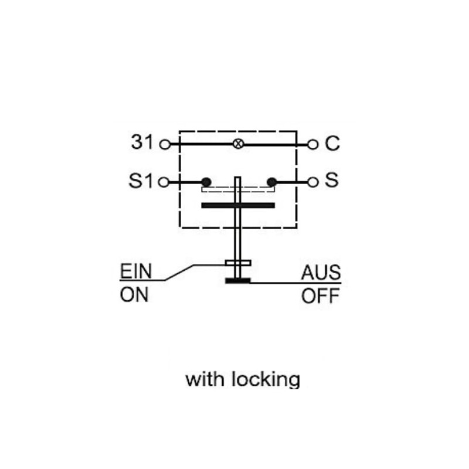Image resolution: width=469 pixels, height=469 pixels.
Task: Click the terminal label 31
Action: (x=142, y=142)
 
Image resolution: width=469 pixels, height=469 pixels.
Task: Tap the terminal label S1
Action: (x=140, y=181)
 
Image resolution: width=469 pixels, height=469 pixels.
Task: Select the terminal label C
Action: (x=332, y=143)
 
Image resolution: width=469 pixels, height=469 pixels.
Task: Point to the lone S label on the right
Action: (x=332, y=180)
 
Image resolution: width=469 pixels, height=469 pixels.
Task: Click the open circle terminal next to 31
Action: (x=165, y=144)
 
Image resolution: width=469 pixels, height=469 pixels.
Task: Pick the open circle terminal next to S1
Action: (x=164, y=182)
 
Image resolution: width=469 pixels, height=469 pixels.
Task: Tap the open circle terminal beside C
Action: (x=312, y=145)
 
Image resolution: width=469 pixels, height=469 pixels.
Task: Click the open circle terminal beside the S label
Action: (x=313, y=182)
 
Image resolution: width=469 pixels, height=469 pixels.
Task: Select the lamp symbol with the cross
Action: (x=238, y=144)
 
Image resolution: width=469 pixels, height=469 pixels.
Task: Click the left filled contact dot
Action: (x=206, y=182)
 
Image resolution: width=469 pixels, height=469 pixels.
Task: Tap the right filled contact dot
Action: (x=271, y=182)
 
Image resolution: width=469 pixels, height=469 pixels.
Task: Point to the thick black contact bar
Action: (x=238, y=205)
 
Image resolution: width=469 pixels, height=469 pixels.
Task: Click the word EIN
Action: (x=136, y=271)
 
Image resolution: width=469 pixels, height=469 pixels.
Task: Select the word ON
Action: (x=134, y=295)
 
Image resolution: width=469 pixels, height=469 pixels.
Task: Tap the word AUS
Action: (x=321, y=273)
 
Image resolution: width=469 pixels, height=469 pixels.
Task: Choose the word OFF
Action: (x=320, y=296)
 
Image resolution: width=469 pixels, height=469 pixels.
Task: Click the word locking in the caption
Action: (x=266, y=380)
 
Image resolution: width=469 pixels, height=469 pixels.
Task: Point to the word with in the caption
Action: (x=205, y=379)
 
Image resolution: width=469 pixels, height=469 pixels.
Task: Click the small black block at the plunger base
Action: (x=238, y=281)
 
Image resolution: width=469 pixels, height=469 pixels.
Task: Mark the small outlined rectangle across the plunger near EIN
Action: (x=238, y=263)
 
